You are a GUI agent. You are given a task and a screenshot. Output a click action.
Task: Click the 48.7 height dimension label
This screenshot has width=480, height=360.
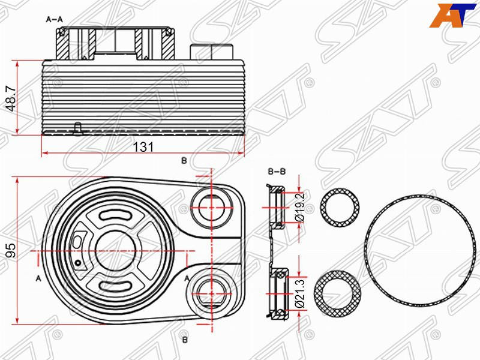[10, 97]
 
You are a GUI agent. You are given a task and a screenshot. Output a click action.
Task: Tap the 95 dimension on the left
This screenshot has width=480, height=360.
[10, 250]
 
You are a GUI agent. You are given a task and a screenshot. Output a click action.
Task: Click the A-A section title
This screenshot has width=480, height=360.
[55, 19]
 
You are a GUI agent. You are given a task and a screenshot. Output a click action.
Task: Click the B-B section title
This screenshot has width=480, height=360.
[277, 172]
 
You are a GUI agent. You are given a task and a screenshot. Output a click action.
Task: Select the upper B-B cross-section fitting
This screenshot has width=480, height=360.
[277, 208]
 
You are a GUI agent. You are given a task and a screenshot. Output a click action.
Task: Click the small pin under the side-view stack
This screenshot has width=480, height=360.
[76, 128]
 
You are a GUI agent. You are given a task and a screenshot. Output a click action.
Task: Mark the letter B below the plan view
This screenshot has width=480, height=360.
[185, 339]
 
